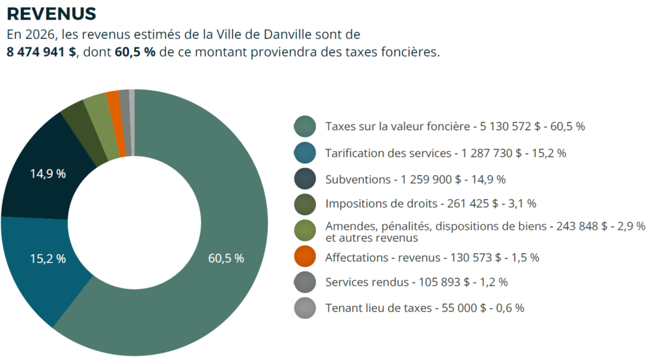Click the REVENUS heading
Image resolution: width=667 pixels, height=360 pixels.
pyautogui.click(x=51, y=13)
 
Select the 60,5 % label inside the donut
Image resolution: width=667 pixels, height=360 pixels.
pyautogui.click(x=226, y=258)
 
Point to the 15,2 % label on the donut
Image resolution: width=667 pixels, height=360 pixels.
pyautogui.click(x=48, y=258)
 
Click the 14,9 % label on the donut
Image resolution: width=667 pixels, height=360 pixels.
pyautogui.click(x=48, y=174)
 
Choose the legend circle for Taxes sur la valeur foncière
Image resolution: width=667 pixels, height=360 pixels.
pyautogui.click(x=305, y=126)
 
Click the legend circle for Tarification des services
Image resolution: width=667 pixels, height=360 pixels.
pyautogui.click(x=305, y=153)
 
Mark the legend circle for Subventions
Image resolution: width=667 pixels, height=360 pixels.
pyautogui.click(x=305, y=179)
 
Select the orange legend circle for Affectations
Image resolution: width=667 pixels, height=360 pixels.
pyautogui.click(x=305, y=256)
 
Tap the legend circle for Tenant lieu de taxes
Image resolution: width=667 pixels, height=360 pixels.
pyautogui.click(x=305, y=308)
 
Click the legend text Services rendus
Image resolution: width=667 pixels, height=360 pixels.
pyautogui.click(x=367, y=283)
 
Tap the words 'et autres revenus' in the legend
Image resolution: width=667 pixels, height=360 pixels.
pyautogui.click(x=371, y=238)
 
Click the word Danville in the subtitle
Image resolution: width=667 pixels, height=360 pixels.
pyautogui.click(x=305, y=34)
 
